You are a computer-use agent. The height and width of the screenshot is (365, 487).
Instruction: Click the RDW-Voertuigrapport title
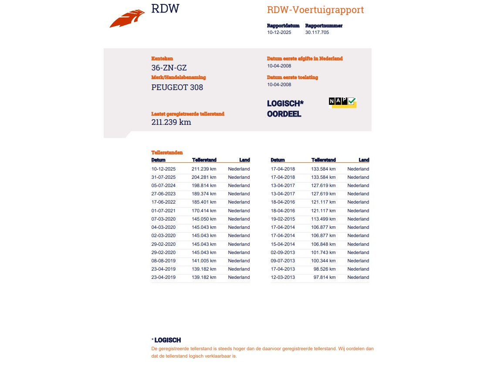tap(315, 10)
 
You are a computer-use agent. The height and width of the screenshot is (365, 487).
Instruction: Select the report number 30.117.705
tap(317, 32)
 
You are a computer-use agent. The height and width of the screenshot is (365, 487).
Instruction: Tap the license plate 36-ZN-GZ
tap(169, 68)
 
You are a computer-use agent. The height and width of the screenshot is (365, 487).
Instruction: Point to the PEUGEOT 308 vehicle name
tap(177, 87)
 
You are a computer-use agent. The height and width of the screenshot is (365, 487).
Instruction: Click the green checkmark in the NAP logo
tap(352, 101)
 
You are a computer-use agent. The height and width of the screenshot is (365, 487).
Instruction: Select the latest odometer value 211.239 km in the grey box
tap(171, 122)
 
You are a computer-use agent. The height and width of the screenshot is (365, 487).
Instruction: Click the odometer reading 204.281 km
tap(204, 177)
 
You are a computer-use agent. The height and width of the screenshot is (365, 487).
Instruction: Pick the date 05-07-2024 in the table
tap(163, 185)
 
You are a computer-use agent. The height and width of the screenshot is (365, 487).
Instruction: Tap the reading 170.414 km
tap(204, 211)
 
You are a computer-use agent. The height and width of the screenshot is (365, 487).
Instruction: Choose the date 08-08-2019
tap(163, 261)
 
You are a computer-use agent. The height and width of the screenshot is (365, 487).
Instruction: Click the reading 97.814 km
tap(323, 277)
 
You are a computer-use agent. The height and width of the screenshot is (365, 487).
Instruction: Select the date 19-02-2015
tap(283, 219)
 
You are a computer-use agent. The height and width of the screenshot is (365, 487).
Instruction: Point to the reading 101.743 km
tap(323, 252)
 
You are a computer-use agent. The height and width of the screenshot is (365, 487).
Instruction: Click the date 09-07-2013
tap(283, 261)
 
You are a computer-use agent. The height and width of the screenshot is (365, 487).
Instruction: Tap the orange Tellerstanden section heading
tap(167, 153)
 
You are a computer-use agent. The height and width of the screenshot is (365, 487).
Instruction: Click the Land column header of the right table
tap(364, 160)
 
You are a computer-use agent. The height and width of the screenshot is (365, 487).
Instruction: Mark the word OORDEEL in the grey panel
tap(284, 114)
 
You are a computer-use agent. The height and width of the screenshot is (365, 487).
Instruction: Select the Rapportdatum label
tap(283, 26)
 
